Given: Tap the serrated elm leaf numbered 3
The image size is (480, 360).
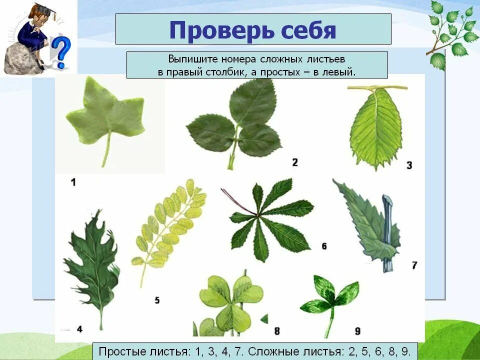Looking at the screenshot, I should pyautogui.click(x=376, y=127).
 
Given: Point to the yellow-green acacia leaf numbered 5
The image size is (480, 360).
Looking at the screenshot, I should pyautogui.click(x=170, y=225).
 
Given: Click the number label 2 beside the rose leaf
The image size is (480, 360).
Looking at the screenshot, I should pyautogui.click(x=295, y=162).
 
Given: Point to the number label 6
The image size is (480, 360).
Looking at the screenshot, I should pyautogui.click(x=324, y=246).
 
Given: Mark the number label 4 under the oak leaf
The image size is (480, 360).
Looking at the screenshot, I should pyautogui.click(x=79, y=328).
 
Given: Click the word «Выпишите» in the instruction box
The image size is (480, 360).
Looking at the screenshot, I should pyautogui.click(x=188, y=59).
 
